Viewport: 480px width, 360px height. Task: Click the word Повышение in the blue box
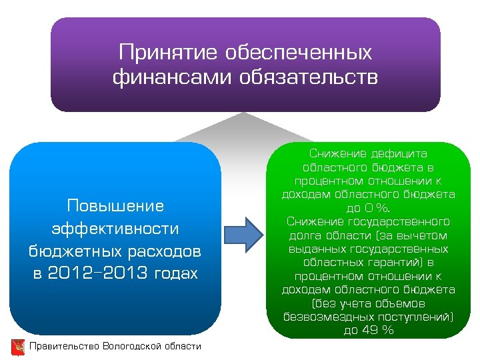pos(115,205)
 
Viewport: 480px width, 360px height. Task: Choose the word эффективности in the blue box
pos(115,229)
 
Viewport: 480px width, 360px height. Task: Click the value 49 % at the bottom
pos(377,329)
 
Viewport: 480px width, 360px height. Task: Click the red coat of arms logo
pos(18,347)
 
